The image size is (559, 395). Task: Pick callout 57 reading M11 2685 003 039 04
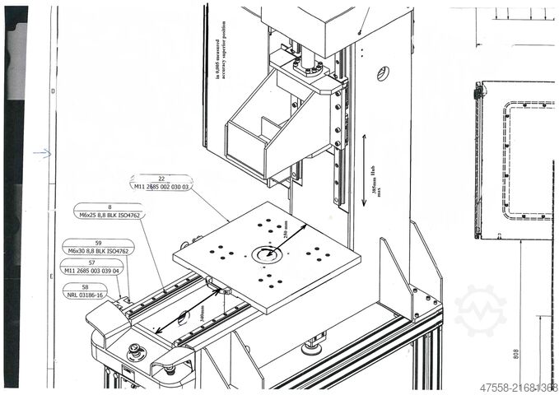point(91,266)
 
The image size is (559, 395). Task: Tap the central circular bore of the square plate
point(266,254)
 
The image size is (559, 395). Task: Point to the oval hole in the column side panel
point(383,73)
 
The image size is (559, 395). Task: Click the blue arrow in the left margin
point(41,152)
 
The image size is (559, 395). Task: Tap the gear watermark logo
point(480,310)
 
